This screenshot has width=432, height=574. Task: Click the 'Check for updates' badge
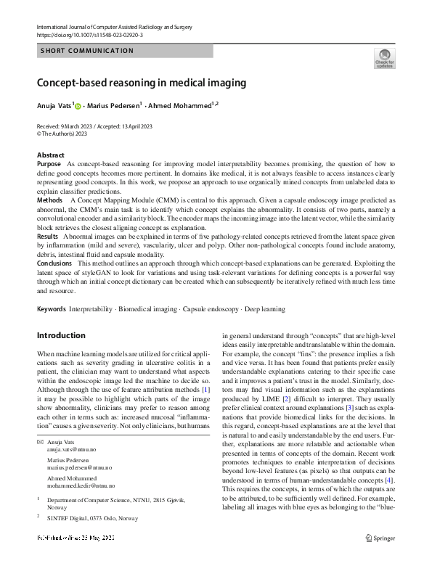click(384, 57)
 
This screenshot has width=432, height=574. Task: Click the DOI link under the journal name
click(91, 34)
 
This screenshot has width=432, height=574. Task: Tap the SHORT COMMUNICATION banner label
click(88, 51)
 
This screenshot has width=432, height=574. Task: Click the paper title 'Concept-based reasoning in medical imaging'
click(142, 83)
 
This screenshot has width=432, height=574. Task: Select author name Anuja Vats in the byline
click(54, 106)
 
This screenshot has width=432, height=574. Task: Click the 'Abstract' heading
click(50, 155)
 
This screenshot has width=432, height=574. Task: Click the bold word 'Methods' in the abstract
click(49, 199)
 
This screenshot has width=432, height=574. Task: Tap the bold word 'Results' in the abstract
click(47, 237)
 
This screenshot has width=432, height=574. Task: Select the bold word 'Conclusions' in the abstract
click(54, 263)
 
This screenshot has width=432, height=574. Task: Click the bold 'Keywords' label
click(51, 309)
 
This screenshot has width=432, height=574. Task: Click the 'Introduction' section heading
click(61, 335)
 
